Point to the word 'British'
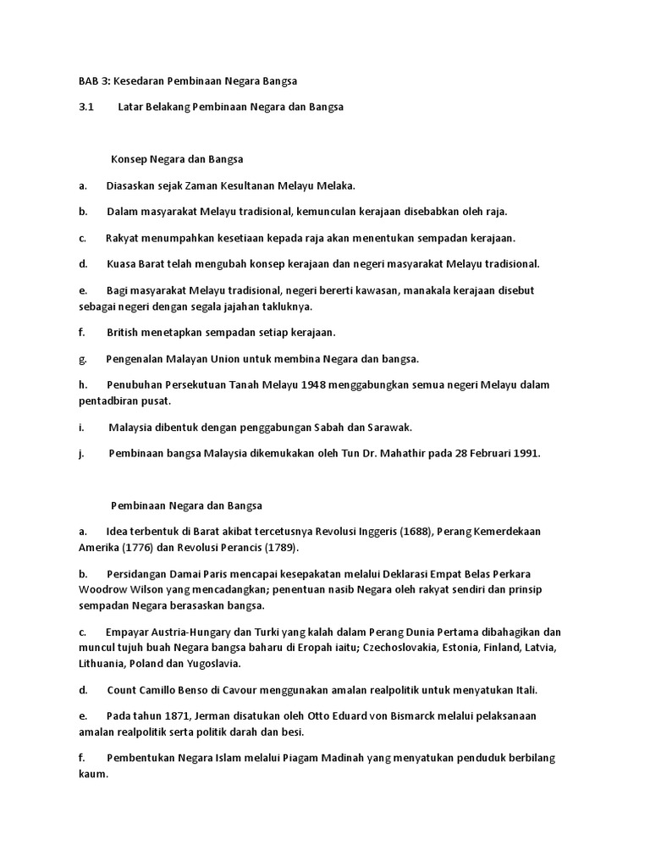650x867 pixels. (124, 332)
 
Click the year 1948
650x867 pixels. (309, 384)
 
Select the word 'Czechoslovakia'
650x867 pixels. (404, 647)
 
